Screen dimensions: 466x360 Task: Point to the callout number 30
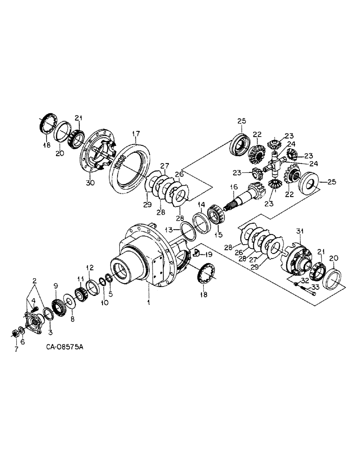point(90,183)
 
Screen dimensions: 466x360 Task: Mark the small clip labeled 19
point(196,253)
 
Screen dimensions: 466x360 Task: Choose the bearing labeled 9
point(59,307)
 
